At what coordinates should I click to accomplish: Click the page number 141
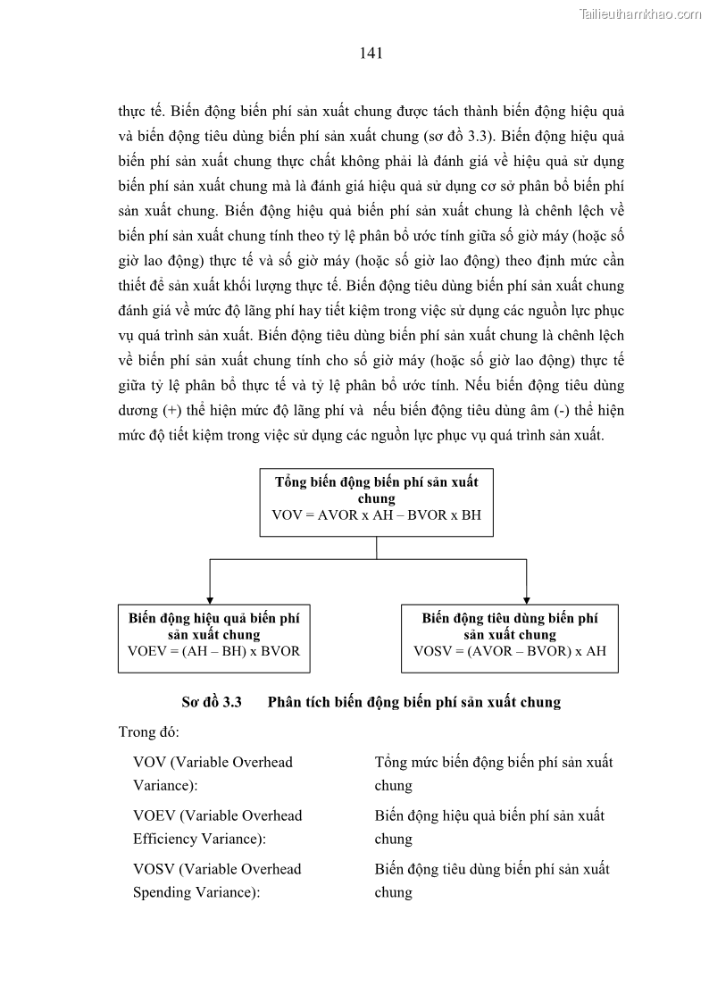point(371,54)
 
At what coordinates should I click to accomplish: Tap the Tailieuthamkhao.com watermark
point(640,13)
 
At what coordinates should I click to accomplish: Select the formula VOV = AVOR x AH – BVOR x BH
point(376,516)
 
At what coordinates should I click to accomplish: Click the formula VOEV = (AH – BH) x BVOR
point(213,651)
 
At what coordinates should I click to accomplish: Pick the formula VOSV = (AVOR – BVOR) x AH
point(510,651)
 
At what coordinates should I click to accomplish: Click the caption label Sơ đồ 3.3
point(212,702)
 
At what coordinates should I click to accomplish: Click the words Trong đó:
point(149,732)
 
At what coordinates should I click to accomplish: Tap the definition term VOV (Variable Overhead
point(213,762)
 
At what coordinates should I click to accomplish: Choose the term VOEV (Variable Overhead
point(217,815)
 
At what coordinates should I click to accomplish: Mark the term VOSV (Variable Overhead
point(217,869)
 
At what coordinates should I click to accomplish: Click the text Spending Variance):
point(196,892)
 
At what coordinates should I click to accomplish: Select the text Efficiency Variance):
point(199,839)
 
